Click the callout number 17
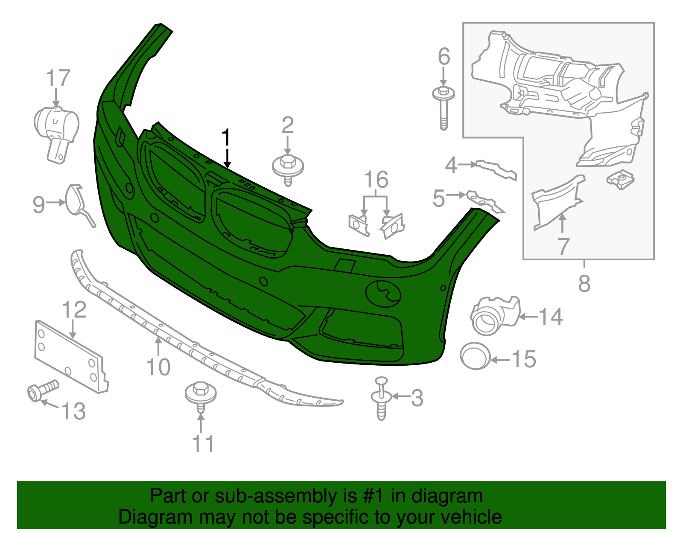(x=58, y=79)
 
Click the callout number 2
(x=288, y=125)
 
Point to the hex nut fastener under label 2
(x=288, y=168)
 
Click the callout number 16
(x=376, y=180)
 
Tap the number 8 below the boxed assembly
(x=584, y=283)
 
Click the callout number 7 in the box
(x=563, y=247)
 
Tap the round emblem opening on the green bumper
(x=383, y=293)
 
